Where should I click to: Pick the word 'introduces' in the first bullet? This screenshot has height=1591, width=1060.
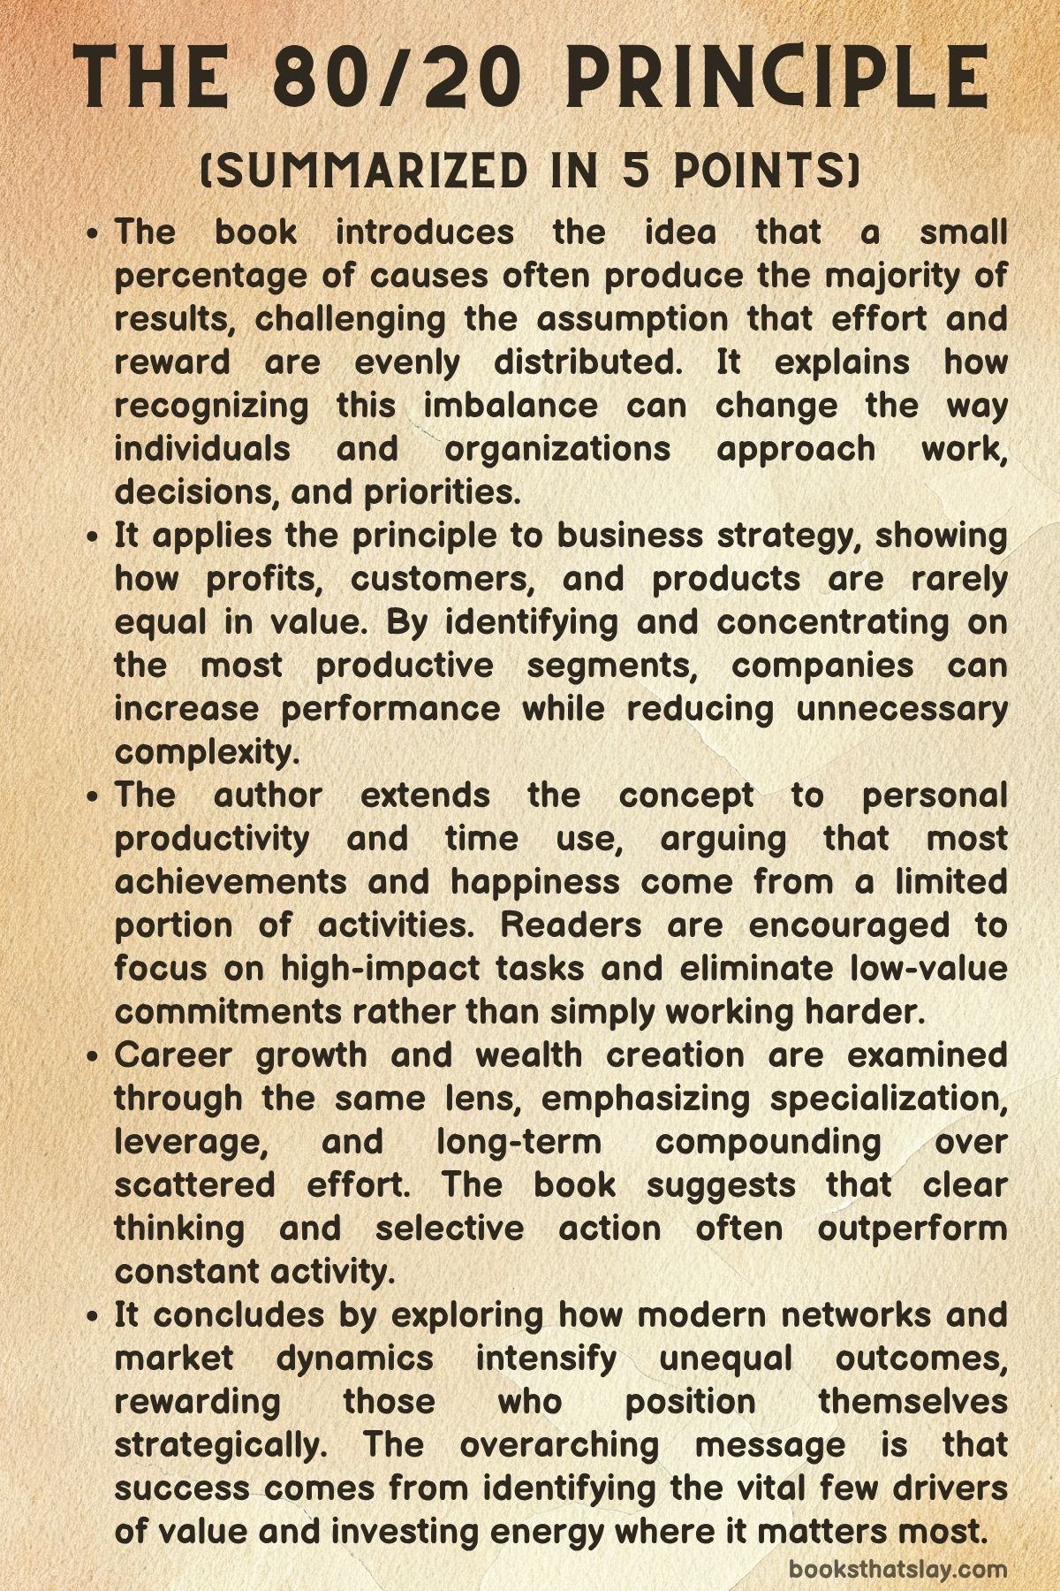pos(424,232)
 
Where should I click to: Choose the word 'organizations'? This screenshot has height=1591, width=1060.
pos(557,449)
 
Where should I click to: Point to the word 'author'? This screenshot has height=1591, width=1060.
pos(268,795)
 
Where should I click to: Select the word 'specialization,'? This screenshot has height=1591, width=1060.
pos(889,1099)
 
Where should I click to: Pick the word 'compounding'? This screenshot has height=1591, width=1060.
pos(768,1142)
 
